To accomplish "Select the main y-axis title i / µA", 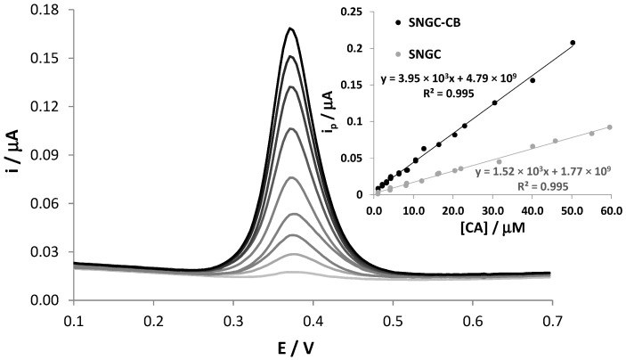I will (x=12, y=156).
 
